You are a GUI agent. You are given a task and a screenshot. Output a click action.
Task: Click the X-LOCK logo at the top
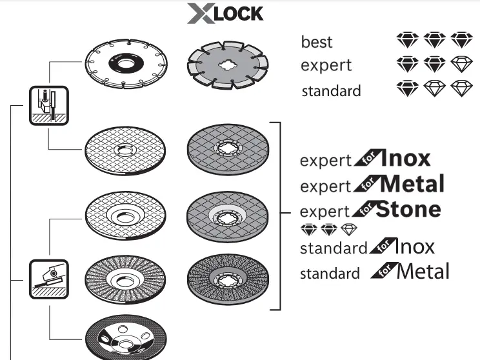(x=225, y=14)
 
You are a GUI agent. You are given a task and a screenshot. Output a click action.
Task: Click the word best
(x=317, y=42)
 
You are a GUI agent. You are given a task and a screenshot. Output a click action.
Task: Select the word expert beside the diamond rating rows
(x=326, y=66)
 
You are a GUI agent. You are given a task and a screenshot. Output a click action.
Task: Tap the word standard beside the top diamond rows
(x=331, y=91)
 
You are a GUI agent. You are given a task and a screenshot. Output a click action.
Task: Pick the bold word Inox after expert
(x=405, y=159)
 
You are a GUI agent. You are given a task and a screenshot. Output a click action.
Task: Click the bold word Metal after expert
(x=413, y=184)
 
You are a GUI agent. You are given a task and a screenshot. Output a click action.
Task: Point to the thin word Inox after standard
(x=414, y=246)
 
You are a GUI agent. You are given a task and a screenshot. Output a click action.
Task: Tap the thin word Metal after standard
(x=423, y=271)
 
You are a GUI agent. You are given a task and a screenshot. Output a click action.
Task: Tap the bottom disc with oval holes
(x=125, y=337)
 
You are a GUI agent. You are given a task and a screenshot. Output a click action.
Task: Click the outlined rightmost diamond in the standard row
(x=462, y=88)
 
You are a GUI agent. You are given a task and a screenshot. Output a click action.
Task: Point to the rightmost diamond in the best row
(x=462, y=40)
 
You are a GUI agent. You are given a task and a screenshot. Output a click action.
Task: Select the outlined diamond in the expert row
(x=462, y=64)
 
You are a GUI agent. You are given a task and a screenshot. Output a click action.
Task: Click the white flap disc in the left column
(x=125, y=277)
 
